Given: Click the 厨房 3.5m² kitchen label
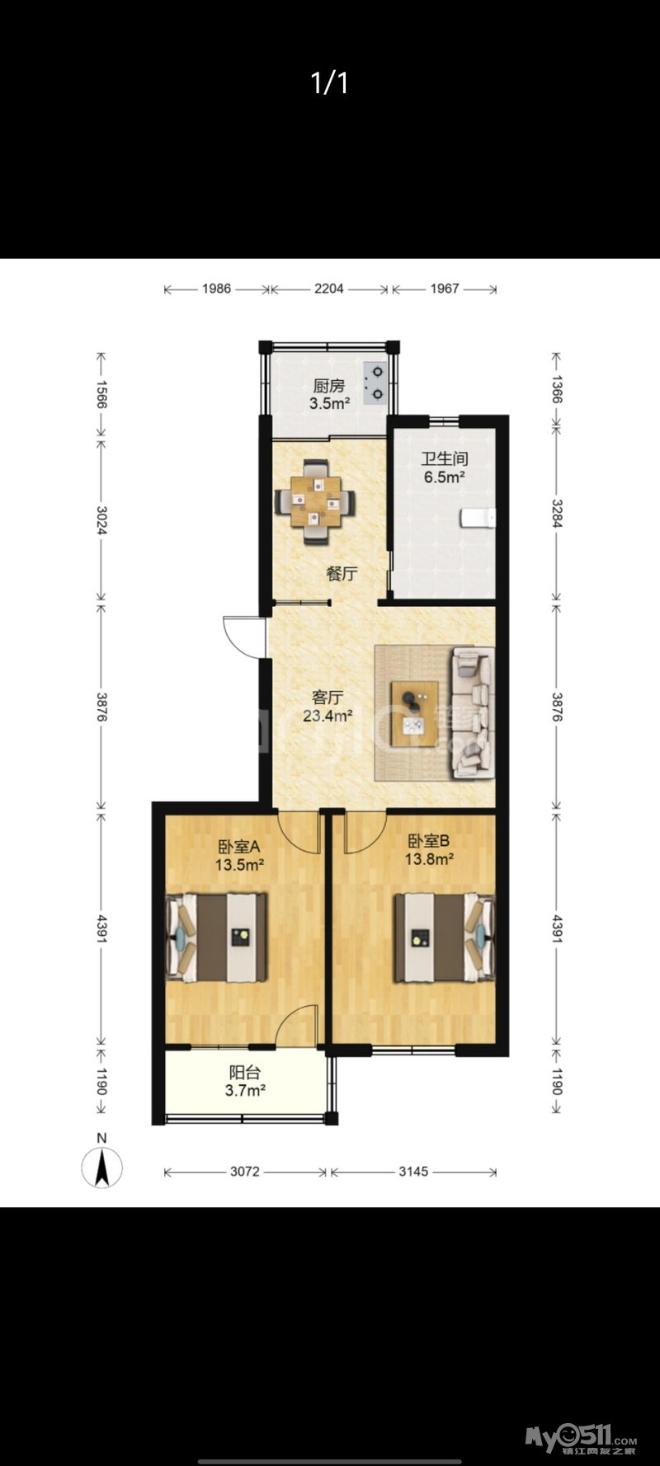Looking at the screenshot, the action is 328,394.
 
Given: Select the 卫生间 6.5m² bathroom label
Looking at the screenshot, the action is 445,468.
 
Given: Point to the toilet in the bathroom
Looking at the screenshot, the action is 478,518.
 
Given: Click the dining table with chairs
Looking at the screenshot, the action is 315,501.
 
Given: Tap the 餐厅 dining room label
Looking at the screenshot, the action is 342,573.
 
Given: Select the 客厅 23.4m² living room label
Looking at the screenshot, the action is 328,707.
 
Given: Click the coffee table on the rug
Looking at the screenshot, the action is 415,707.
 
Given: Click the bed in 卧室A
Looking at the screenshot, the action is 216,937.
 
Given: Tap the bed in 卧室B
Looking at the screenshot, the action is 444,937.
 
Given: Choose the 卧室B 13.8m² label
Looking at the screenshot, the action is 429,850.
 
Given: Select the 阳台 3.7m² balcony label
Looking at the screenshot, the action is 245,1082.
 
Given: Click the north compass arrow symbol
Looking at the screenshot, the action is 102,1168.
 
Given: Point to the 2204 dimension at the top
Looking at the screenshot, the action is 329,289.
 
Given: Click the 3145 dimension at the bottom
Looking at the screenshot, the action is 413,1171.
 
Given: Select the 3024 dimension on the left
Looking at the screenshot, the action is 101,519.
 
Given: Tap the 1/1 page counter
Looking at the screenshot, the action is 330,82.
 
